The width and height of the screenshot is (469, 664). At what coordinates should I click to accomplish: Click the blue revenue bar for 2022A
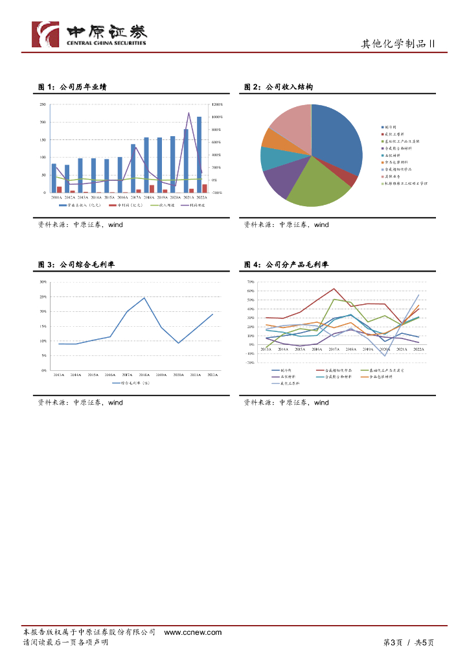point(199,154)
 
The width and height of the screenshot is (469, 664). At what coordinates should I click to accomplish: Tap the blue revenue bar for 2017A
point(133,168)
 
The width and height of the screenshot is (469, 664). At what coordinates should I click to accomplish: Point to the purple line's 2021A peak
point(189,113)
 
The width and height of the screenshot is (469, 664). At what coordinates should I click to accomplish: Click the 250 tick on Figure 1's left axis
point(42,104)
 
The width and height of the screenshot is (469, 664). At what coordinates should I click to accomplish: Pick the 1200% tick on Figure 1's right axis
point(216,104)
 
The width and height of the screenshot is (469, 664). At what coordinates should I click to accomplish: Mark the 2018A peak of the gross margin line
point(144,298)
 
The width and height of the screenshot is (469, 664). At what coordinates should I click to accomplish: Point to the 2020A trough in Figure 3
point(179,343)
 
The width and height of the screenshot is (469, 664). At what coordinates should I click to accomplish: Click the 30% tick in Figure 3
point(43,282)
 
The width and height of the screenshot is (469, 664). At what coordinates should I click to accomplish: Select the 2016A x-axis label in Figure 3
point(110,375)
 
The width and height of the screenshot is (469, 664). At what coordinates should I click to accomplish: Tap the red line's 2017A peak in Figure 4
point(334,289)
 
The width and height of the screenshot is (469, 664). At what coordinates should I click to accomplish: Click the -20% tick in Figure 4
point(250,362)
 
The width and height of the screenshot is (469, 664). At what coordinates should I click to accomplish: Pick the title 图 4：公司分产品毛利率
point(286,265)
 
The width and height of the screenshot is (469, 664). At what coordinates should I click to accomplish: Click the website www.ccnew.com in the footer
point(193,632)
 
